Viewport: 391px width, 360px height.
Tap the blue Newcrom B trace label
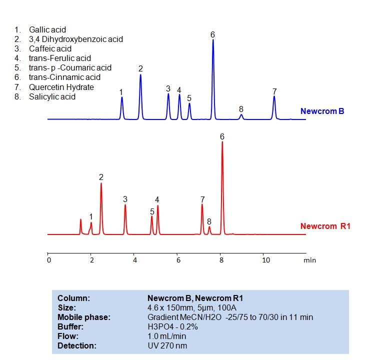322,111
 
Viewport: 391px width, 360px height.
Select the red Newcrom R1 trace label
325,226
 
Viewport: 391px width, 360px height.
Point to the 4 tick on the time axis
134,260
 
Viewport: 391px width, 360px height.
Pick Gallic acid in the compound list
47,30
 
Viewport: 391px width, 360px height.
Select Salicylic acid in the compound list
52,96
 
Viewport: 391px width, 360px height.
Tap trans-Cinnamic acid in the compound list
64,77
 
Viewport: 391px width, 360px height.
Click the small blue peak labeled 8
241,116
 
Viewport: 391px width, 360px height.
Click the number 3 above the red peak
125,199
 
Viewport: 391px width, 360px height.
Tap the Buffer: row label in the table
69,326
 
